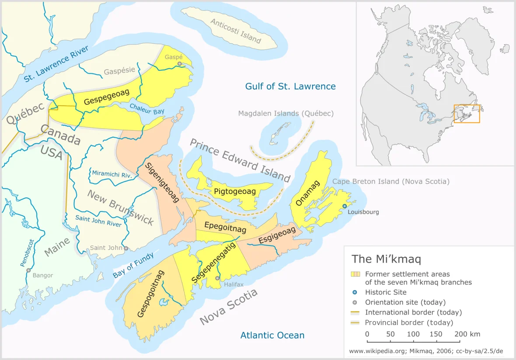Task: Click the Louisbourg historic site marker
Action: pos(345,206)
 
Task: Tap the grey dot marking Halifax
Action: pos(217,278)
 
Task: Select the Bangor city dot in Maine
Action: pos(28,270)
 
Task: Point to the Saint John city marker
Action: pos(126,248)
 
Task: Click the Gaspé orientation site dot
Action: pos(179,64)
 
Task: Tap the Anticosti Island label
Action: pos(236,31)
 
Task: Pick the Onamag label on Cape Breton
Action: pos(308,193)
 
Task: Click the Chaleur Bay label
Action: pos(147,109)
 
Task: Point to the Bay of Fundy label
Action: pos(133,266)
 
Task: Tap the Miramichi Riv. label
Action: pos(112,174)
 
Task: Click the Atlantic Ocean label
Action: pos(272,336)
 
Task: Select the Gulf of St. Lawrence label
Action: pos(290,86)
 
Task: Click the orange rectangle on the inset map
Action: pos(467,114)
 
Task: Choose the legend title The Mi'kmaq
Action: pos(386,259)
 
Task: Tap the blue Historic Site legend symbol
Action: pos(355,292)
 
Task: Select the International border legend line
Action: pos(355,312)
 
